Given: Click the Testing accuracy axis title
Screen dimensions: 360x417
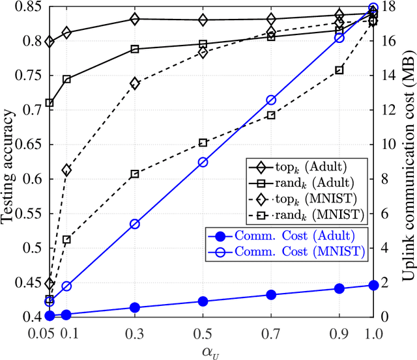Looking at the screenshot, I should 8,163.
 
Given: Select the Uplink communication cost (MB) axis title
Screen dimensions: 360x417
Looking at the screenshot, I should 409,163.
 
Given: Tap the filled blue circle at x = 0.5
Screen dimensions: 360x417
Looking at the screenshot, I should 203,301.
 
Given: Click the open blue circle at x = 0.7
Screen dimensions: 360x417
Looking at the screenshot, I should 271,100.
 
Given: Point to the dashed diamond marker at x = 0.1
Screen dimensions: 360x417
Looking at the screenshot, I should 66,171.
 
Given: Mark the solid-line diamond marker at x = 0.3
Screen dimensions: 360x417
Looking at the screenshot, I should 134,19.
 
